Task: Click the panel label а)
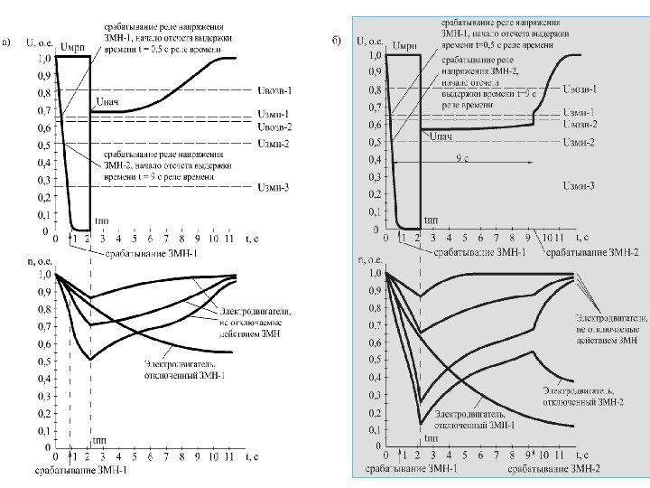(8, 41)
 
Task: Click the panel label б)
(337, 41)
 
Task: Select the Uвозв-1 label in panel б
(579, 89)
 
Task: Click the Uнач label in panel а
(106, 100)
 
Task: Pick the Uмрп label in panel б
(405, 45)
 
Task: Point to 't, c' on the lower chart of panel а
(254, 457)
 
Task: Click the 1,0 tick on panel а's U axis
(42, 58)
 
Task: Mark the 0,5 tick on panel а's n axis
(42, 361)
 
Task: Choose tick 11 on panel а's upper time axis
(227, 240)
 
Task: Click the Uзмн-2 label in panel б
(579, 142)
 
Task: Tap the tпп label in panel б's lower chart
(432, 438)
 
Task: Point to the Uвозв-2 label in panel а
(274, 127)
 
